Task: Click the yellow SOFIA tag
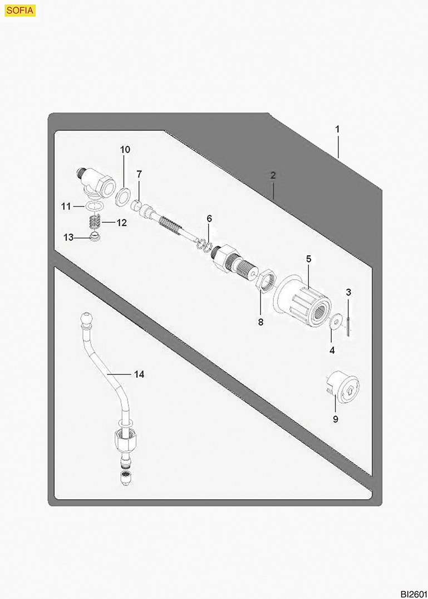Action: [21, 10]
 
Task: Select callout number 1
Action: [337, 129]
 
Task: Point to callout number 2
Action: [273, 175]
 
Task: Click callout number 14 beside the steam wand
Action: [139, 374]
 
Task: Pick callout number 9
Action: [335, 419]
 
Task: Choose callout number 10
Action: [125, 150]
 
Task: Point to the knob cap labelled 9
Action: [342, 386]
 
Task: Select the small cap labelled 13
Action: [96, 237]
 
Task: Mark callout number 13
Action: [68, 237]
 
